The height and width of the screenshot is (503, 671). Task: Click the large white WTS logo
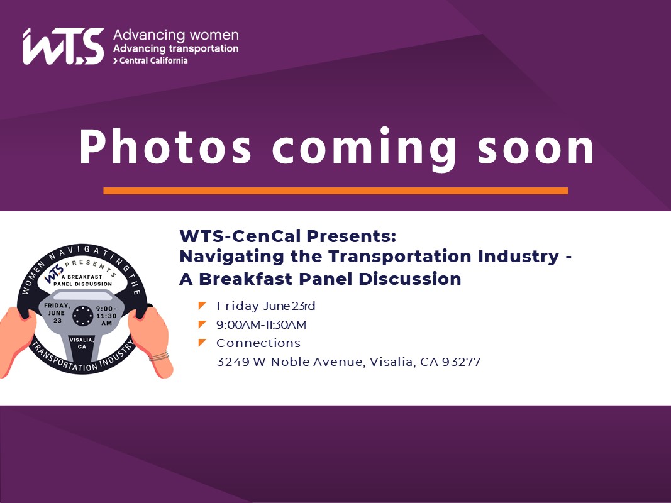click(x=64, y=46)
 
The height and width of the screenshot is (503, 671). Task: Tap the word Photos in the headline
click(x=165, y=146)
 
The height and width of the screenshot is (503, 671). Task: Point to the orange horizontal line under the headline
click(x=336, y=191)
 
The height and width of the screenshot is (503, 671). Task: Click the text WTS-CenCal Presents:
click(x=287, y=236)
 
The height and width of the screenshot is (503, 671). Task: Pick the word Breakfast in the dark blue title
click(x=246, y=279)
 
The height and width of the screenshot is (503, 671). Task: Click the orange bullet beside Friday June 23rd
click(x=202, y=306)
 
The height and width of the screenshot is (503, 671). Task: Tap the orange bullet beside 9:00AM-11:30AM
click(x=202, y=324)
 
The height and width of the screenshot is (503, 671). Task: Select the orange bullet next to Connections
click(x=202, y=343)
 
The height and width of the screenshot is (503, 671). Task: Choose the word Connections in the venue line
click(x=258, y=343)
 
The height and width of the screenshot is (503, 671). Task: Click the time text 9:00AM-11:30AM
click(x=262, y=324)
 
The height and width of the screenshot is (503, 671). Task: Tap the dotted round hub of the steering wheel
click(x=82, y=316)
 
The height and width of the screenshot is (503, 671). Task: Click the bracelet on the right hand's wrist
click(x=158, y=356)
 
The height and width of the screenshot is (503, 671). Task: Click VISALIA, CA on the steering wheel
click(x=81, y=343)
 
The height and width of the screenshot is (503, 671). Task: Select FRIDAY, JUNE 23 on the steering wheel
click(x=57, y=313)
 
